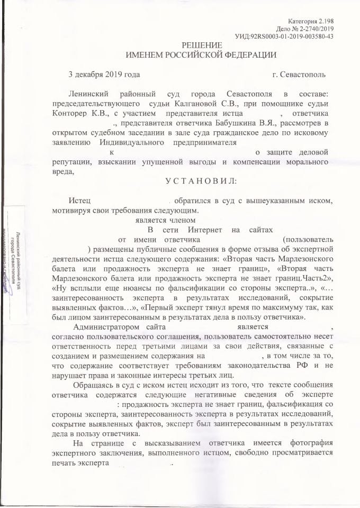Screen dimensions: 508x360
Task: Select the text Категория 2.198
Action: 310,20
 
